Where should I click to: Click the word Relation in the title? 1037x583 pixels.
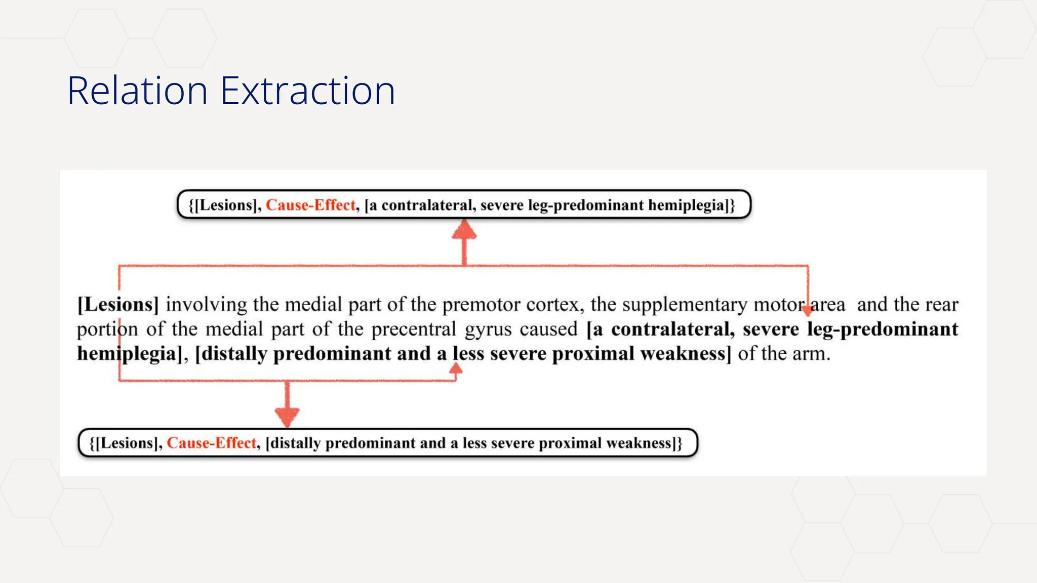tap(137, 91)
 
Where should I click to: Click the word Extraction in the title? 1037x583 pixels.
tap(307, 91)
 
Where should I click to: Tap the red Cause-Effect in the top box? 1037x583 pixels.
tap(311, 205)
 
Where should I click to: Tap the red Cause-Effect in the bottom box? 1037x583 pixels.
tap(212, 443)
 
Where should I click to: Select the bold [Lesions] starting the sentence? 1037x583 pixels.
tap(118, 304)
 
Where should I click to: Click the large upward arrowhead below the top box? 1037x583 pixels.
tap(464, 230)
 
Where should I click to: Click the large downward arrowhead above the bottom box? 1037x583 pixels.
tap(287, 417)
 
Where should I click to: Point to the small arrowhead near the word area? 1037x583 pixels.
tap(808, 309)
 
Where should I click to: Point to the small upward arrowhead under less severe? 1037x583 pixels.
tap(456, 369)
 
